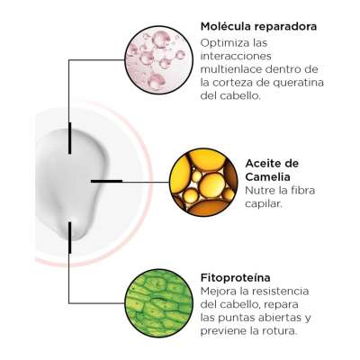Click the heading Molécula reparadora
pyautogui.click(x=258, y=26)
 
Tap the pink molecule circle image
pyautogui.click(x=156, y=59)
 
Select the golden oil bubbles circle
pyautogui.click(x=203, y=182)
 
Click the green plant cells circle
pyautogui.click(x=158, y=303)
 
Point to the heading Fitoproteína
pyautogui.click(x=236, y=277)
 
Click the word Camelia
pyautogui.click(x=268, y=177)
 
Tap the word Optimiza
pyautogui.click(x=225, y=43)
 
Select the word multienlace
pyautogui.click(x=231, y=69)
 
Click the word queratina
pyautogui.click(x=298, y=84)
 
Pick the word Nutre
pyautogui.click(x=258, y=190)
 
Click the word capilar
pyautogui.click(x=264, y=204)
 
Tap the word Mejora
pyautogui.click(x=220, y=291)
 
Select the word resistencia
pyautogui.click(x=281, y=291)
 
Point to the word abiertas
pyautogui.click(x=274, y=318)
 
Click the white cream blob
pyautogui.click(x=73, y=183)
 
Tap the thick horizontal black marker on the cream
pyautogui.click(x=106, y=181)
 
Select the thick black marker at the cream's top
pyautogui.click(x=70, y=139)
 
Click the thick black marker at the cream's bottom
pyautogui.click(x=70, y=238)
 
